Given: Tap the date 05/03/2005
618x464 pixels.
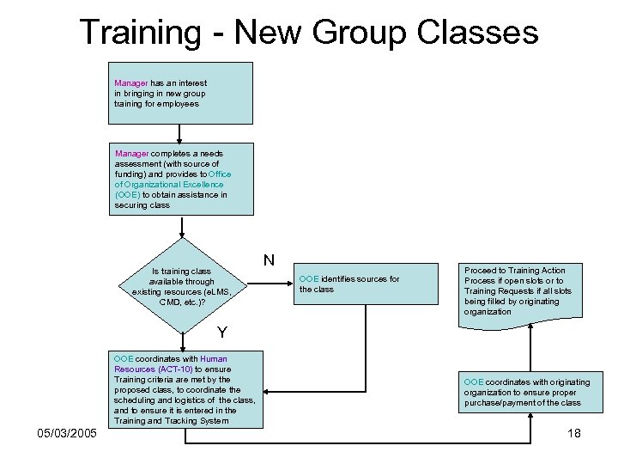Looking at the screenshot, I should click(66, 433).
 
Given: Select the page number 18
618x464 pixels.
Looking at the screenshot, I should click(574, 433).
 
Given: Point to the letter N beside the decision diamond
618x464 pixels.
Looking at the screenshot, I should click(269, 259).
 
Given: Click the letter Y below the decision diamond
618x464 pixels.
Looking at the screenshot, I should click(222, 332).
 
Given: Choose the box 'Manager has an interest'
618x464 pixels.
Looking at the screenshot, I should click(181, 93).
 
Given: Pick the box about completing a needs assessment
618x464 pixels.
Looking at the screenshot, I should click(181, 179).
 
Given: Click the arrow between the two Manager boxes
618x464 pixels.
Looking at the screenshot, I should click(180, 133).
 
